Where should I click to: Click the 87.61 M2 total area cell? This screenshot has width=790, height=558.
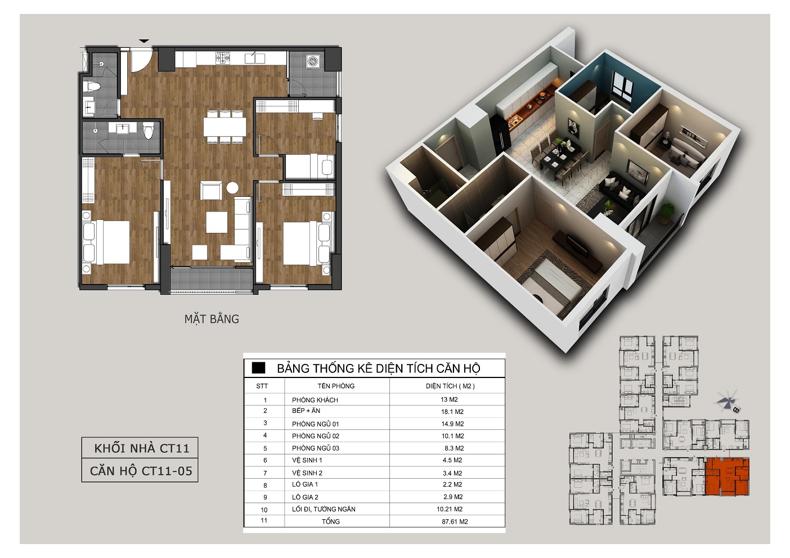click(455, 521)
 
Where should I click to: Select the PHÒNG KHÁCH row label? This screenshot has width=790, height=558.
click(315, 400)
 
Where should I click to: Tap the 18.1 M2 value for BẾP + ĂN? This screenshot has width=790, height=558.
click(452, 412)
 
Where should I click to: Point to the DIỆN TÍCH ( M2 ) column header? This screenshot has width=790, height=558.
click(450, 386)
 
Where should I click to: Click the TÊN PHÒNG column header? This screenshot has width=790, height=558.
click(336, 386)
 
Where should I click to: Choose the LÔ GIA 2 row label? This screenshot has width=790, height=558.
click(305, 497)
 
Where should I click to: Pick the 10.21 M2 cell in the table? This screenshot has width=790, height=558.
click(450, 509)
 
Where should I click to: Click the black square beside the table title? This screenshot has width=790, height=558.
click(258, 368)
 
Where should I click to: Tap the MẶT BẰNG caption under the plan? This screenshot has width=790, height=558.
click(212, 319)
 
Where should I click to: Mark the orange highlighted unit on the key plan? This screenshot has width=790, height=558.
click(727, 477)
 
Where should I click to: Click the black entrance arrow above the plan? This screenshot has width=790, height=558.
click(144, 41)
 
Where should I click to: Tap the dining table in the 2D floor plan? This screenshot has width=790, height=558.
click(225, 127)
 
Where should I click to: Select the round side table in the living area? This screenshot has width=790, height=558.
click(232, 187)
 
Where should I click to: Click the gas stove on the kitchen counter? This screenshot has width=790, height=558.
click(223, 58)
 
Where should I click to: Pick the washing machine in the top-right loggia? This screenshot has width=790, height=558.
click(313, 61)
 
